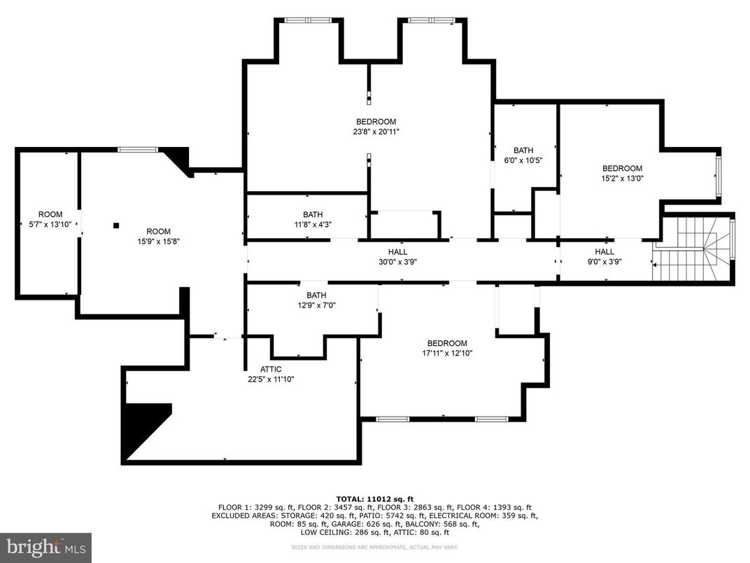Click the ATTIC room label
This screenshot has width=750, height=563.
(271, 369)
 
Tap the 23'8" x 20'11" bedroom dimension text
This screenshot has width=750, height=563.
(376, 132)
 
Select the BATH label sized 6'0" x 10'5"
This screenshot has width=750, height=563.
(523, 150)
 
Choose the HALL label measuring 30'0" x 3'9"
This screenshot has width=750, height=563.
(397, 252)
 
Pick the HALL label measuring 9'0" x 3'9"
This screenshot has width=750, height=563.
(604, 252)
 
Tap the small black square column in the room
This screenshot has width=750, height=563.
(116, 225)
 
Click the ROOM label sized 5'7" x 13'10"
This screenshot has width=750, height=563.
(50, 214)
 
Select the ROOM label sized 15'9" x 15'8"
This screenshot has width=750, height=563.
(158, 231)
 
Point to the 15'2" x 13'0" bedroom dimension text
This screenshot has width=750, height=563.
(623, 179)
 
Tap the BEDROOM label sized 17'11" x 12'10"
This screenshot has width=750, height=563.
(447, 343)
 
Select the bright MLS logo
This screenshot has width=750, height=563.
(45, 547)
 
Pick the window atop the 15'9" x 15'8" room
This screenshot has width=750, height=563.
(137, 149)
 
